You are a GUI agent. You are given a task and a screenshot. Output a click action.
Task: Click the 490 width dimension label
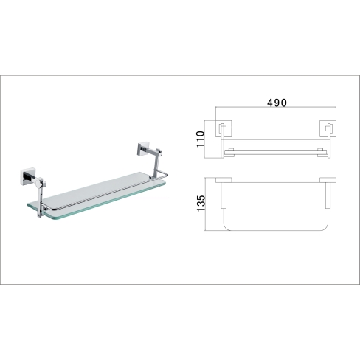277,103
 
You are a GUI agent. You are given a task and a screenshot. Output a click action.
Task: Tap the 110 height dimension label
201,139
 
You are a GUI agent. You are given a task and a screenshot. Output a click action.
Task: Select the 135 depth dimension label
201,203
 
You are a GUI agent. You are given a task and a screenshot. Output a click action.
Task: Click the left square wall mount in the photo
27,176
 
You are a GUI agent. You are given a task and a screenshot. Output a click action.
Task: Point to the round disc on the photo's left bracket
38,182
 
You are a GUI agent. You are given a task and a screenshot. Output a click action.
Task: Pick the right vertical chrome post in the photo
156,163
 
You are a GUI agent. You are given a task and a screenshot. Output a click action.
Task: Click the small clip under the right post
150,176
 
